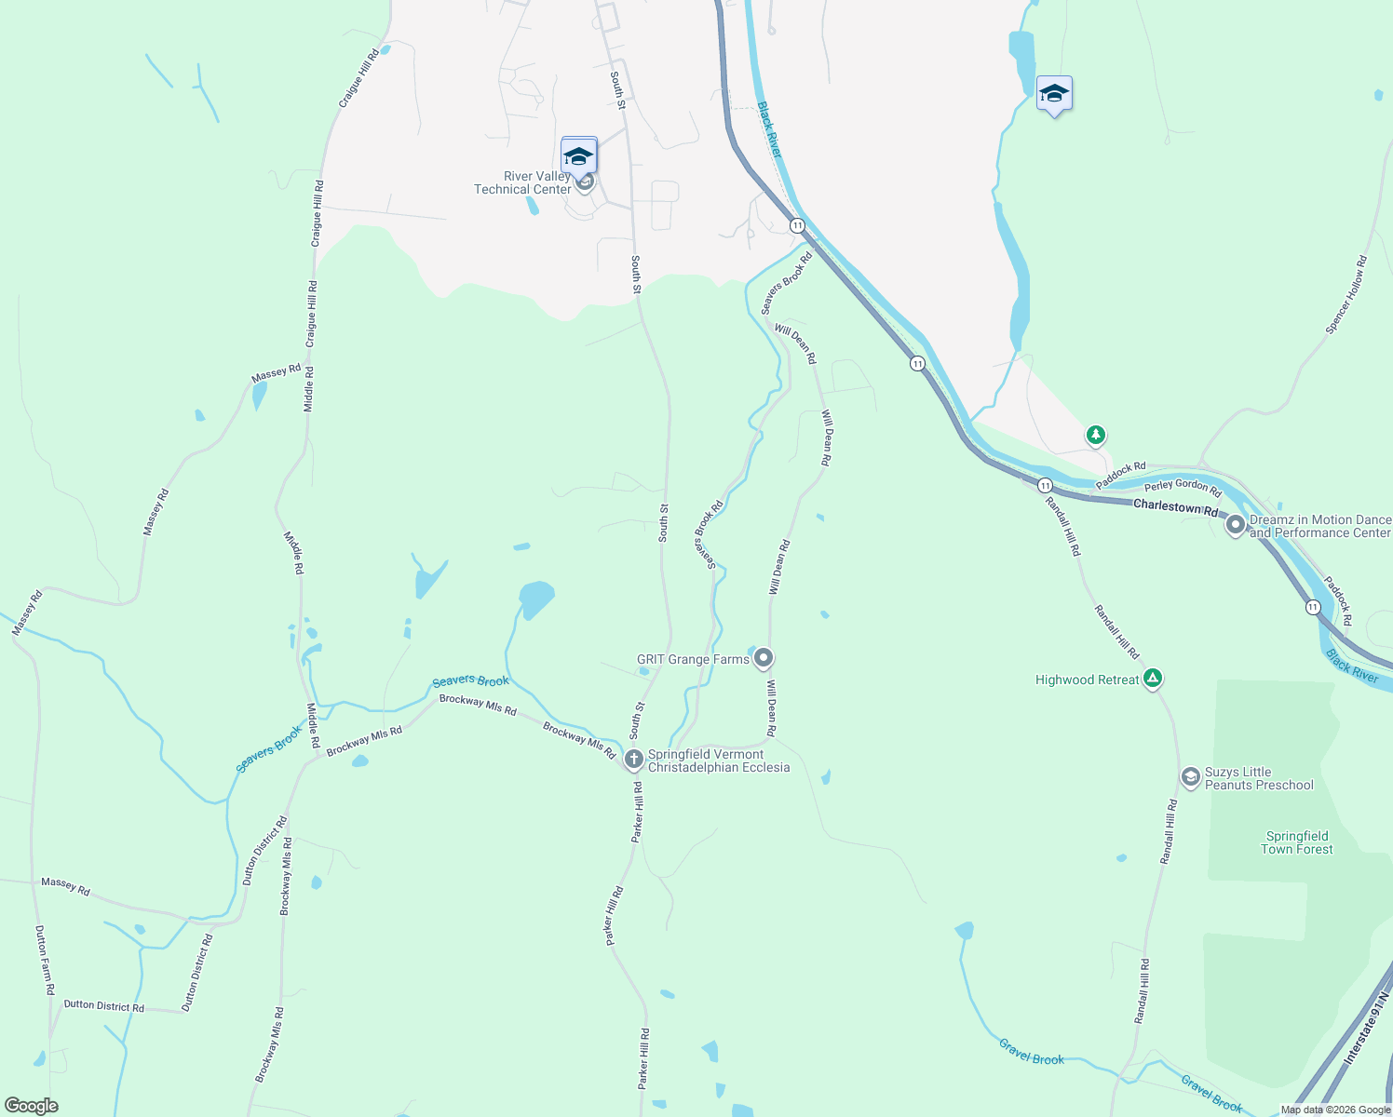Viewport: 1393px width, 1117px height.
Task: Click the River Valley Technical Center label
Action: pos(522,182)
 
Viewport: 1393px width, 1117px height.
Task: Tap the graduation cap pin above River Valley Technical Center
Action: pos(578,155)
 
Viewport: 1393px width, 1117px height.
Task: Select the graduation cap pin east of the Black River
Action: pos(1053,94)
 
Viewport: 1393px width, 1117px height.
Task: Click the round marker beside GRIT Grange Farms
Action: pos(764,659)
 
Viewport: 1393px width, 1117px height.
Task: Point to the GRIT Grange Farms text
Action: pos(693,659)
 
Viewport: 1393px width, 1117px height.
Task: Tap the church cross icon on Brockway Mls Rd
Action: pos(633,760)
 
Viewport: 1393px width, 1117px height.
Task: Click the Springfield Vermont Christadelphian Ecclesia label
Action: pos(718,761)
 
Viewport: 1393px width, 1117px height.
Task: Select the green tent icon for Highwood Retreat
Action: pos(1153,680)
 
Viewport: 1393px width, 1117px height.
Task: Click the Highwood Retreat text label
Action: pos(1087,680)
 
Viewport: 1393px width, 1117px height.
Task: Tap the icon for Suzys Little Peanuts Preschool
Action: pos(1190,776)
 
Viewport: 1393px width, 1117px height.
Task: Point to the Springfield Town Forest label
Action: pos(1296,842)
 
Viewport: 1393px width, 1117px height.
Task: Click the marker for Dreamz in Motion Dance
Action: pos(1236,526)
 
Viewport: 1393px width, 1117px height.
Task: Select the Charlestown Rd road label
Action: pos(1175,507)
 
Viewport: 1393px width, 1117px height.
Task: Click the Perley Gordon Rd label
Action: pos(1182,486)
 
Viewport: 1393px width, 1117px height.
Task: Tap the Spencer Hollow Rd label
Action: pos(1346,295)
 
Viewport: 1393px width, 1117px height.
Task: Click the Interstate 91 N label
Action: pos(1365,1031)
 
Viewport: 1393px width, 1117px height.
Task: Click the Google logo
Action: pos(32,1106)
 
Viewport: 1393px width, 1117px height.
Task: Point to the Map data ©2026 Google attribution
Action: pos(1335,1110)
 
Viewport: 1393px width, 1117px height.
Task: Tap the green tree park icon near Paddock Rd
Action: pos(1096,435)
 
